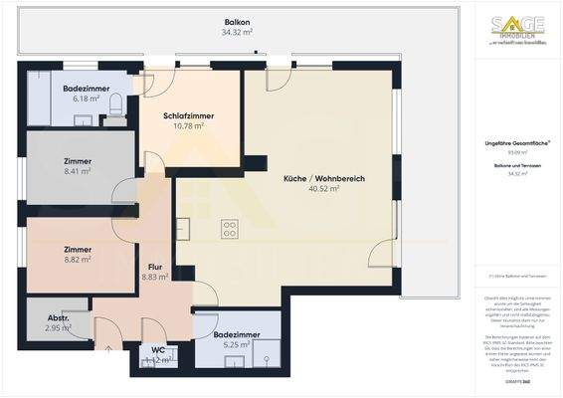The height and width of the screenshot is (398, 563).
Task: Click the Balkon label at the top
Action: [238, 20]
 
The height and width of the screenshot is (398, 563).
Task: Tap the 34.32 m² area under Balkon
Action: [238, 32]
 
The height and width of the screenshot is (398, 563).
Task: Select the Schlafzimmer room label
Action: [189, 116]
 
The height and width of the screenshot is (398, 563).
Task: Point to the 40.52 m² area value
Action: [324, 189]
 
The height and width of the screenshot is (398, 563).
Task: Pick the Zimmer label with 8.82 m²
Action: [77, 250]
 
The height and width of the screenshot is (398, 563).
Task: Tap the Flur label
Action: [155, 266]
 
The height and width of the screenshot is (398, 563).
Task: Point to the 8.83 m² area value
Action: [155, 278]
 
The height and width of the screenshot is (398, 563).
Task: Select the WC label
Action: [158, 349]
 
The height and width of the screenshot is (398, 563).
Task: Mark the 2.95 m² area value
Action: [59, 327]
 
